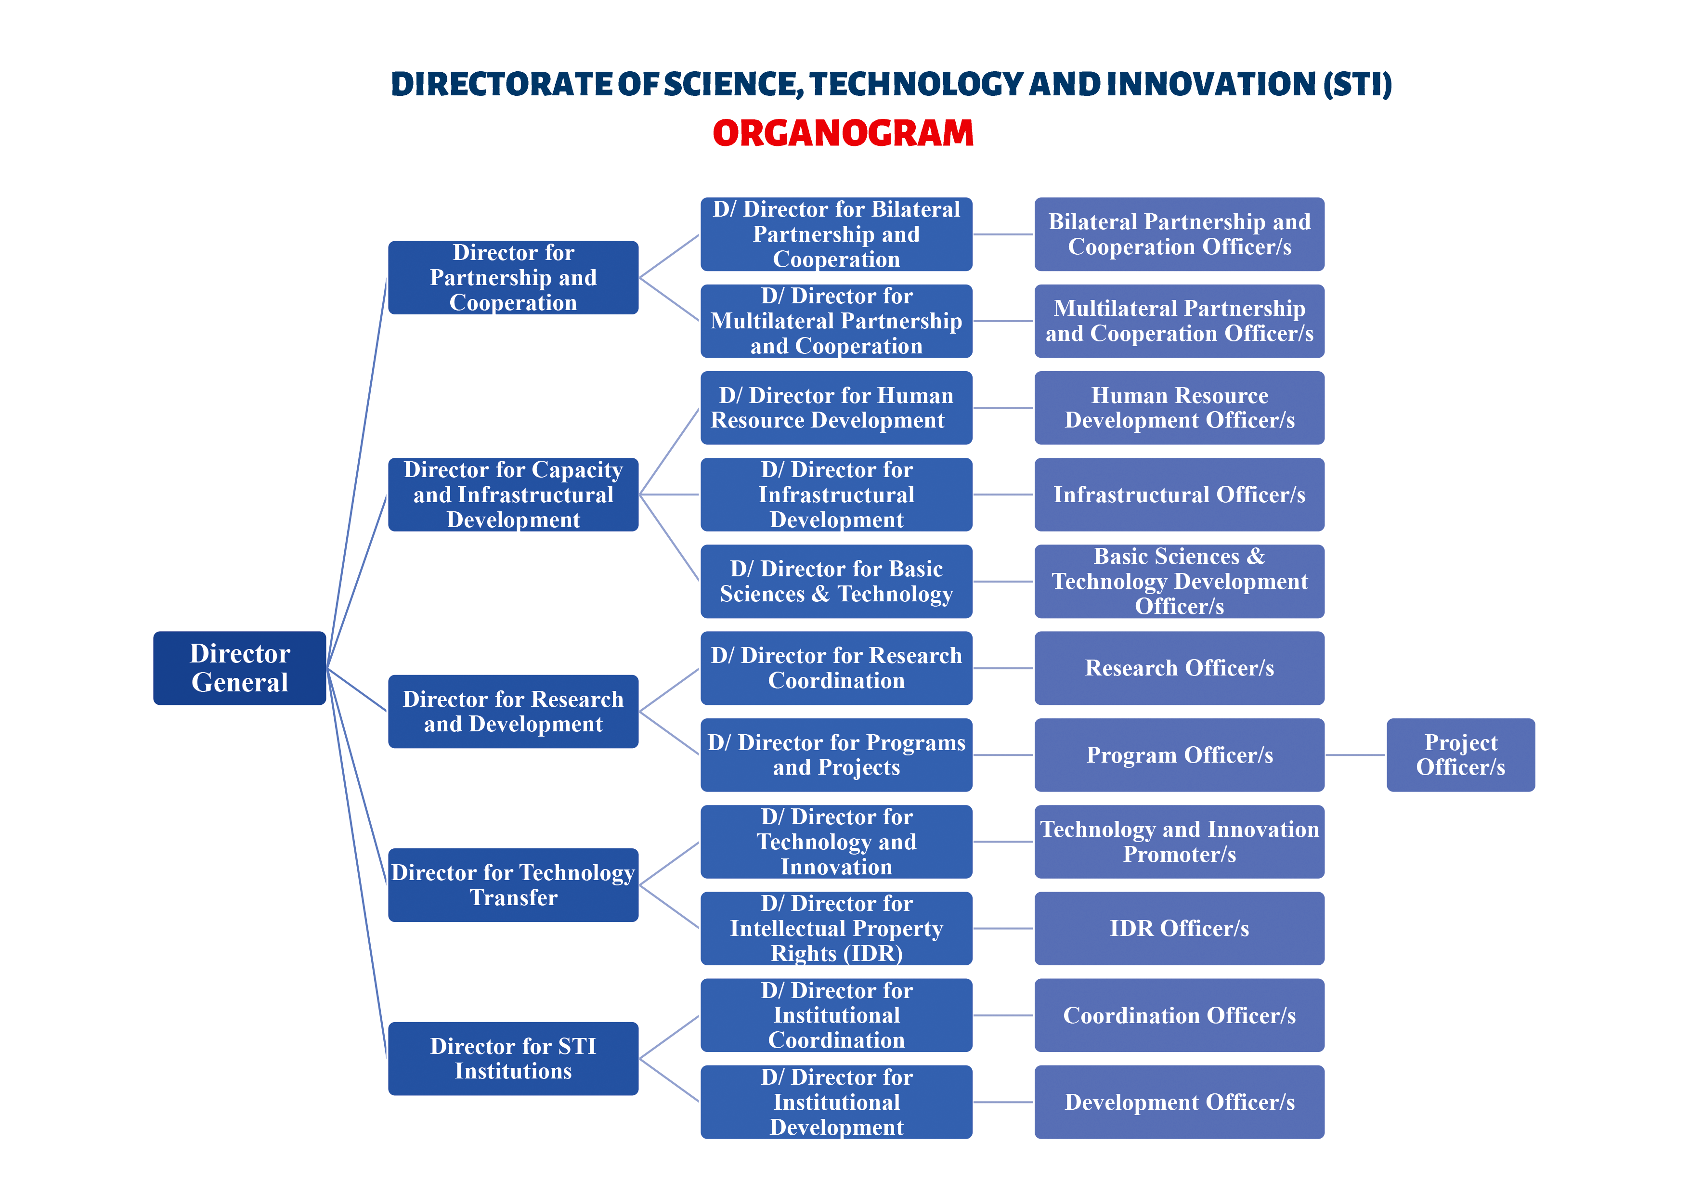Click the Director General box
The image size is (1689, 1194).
click(239, 668)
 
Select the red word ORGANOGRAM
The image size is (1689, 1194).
click(843, 133)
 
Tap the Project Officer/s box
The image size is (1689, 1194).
click(1460, 755)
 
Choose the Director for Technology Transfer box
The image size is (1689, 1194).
click(513, 884)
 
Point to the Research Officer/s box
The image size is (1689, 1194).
click(1179, 668)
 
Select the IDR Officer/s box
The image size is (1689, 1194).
click(1179, 928)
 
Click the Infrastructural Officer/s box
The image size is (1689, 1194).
click(1179, 494)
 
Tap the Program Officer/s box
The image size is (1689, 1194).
click(1179, 755)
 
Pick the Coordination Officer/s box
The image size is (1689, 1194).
click(1179, 1015)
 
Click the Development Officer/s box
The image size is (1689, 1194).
click(1179, 1102)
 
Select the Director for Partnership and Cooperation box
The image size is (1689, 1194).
click(513, 277)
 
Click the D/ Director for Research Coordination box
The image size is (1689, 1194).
click(836, 668)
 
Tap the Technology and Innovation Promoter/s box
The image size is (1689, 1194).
click(1179, 842)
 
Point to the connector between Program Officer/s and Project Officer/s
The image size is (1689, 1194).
click(1356, 755)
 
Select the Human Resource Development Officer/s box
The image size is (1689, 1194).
click(1179, 408)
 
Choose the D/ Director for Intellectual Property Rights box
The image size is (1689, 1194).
click(836, 928)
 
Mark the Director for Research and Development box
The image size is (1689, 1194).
click(513, 712)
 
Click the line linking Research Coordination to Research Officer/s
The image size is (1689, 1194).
click(1003, 668)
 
